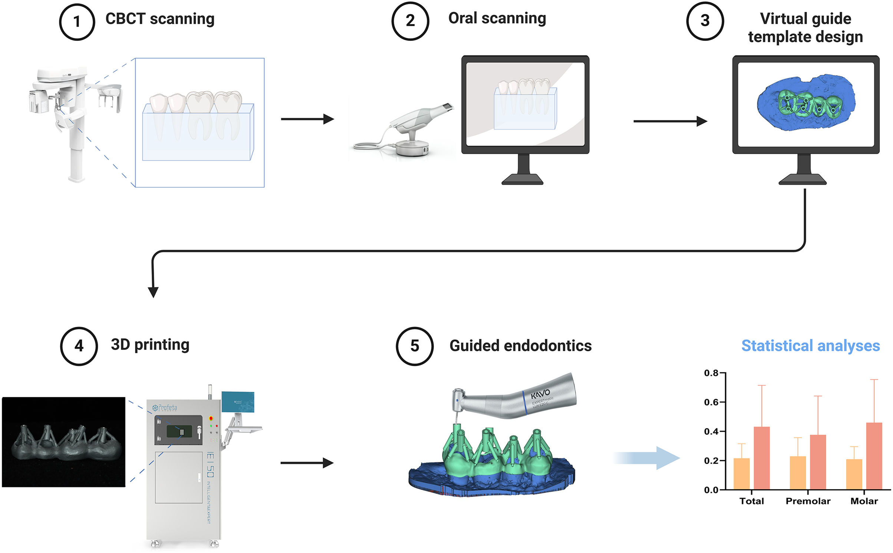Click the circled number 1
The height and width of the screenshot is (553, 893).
point(77,22)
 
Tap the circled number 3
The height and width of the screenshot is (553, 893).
point(705,20)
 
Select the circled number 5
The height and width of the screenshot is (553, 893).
point(414,346)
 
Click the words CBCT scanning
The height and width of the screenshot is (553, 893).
point(160,19)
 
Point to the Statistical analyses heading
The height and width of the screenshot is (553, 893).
point(810,346)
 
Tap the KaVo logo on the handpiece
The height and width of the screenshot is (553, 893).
point(540,394)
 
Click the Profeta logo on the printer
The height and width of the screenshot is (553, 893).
point(165,408)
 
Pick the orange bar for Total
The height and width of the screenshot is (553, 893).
point(741,474)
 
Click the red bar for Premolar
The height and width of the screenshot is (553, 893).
point(818,462)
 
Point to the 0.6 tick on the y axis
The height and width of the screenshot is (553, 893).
point(712,402)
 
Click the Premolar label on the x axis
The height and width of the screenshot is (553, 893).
point(808,501)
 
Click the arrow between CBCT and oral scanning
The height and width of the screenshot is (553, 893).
point(307,119)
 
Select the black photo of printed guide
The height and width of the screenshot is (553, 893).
point(64,442)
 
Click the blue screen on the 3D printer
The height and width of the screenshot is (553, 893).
point(238,402)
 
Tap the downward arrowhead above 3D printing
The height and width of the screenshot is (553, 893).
point(153,292)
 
